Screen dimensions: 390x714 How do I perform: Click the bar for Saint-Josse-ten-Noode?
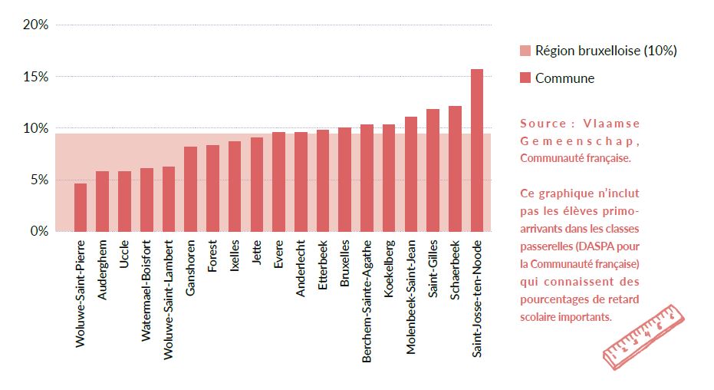click(x=477, y=150)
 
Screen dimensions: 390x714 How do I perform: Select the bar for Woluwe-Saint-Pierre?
click(x=80, y=207)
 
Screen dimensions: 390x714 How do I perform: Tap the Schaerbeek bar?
click(x=455, y=169)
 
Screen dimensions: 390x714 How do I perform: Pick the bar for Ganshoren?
click(x=190, y=189)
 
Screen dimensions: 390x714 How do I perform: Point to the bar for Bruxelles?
click(x=344, y=179)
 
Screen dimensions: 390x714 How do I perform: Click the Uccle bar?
click(x=124, y=201)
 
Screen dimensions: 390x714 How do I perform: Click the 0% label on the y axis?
click(x=39, y=231)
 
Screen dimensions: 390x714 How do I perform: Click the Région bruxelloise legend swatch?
click(x=525, y=51)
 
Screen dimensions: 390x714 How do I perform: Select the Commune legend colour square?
click(x=525, y=78)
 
